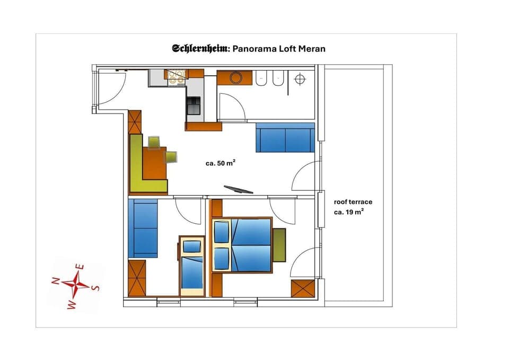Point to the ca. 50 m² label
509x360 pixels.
coord(221,163)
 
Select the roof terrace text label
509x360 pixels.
coord(353,202)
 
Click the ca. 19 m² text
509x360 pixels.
coord(348,212)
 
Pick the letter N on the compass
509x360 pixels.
coord(55,282)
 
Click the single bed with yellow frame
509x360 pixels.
coord(191,265)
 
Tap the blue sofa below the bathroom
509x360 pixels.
coord(285,137)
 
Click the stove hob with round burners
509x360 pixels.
coord(177,77)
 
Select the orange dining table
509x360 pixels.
coord(154,163)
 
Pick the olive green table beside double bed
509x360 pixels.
coord(279,244)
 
